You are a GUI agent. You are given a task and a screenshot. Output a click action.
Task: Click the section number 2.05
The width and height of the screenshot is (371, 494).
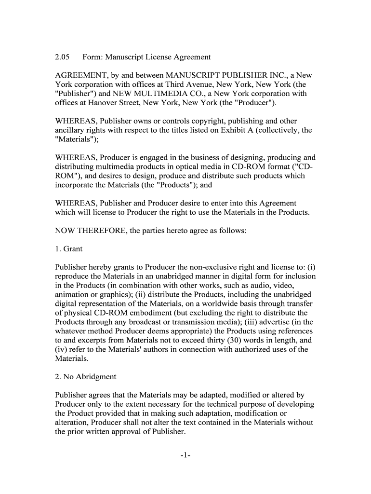coord(63,57)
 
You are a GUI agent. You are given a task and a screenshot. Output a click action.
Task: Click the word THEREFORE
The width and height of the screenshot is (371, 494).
coord(100,231)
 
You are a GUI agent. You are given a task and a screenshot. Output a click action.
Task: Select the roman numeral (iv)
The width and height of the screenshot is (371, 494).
coord(61,350)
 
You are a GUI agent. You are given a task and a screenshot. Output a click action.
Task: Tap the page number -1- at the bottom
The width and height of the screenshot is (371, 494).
coord(185,455)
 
